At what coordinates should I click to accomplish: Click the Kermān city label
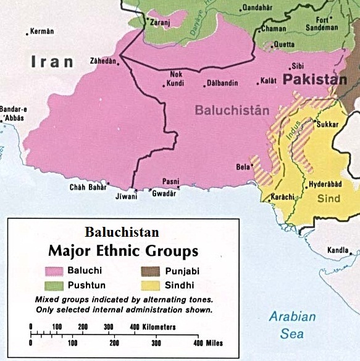(43, 32)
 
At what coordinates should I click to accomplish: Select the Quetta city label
(283, 45)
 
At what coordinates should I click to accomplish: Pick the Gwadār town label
(164, 193)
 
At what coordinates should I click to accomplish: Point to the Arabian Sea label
(292, 325)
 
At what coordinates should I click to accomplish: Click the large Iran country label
(52, 62)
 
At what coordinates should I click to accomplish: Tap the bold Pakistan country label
(315, 80)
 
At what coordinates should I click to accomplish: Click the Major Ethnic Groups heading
(124, 251)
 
